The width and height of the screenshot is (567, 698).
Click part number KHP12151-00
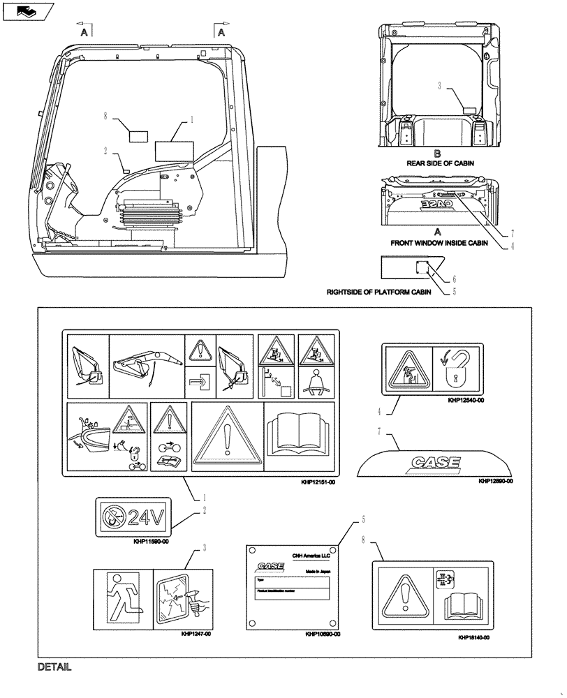[316, 482]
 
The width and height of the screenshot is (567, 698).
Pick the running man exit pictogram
[122, 598]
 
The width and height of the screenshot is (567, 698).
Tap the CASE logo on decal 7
[436, 462]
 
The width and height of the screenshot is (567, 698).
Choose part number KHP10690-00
[322, 634]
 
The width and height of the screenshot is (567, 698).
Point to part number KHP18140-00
[473, 638]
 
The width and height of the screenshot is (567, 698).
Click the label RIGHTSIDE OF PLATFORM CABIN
[378, 292]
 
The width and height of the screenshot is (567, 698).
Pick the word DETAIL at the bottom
[55, 667]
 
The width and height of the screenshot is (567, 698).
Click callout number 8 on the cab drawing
[105, 117]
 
